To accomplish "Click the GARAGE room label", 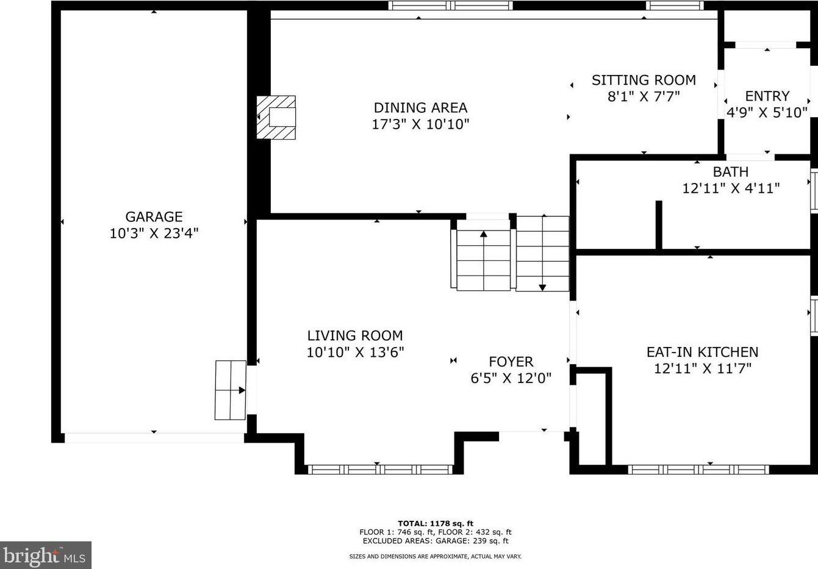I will [154, 217].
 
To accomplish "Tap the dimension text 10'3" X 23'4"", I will [154, 233].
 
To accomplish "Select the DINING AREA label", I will [420, 108].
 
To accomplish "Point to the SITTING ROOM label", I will [644, 80].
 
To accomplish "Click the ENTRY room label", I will [767, 96].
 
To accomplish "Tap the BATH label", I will [730, 172].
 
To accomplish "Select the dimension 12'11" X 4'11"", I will [730, 188].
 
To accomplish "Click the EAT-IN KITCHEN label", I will [702, 352].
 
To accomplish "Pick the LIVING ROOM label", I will [354, 335].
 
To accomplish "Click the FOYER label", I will [511, 362].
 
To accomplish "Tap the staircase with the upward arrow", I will [483, 255].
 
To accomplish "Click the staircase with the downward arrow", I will [542, 253].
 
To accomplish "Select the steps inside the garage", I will [230, 390].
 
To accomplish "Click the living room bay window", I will [379, 470].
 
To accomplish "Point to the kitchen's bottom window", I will [698, 470].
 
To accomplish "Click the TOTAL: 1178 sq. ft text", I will [435, 523].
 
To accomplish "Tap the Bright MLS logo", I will [46, 555].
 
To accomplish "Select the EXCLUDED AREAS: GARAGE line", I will [435, 541].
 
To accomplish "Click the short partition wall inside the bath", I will [659, 224].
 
